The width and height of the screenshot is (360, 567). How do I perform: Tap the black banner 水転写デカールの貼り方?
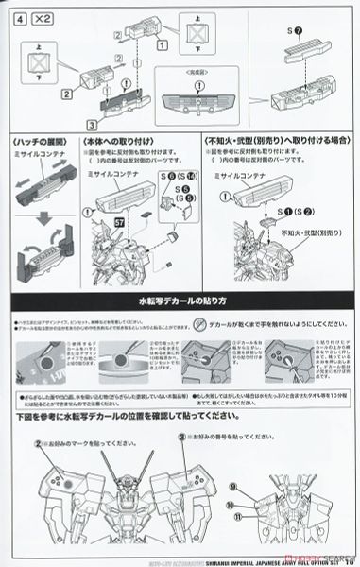(180, 301)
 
